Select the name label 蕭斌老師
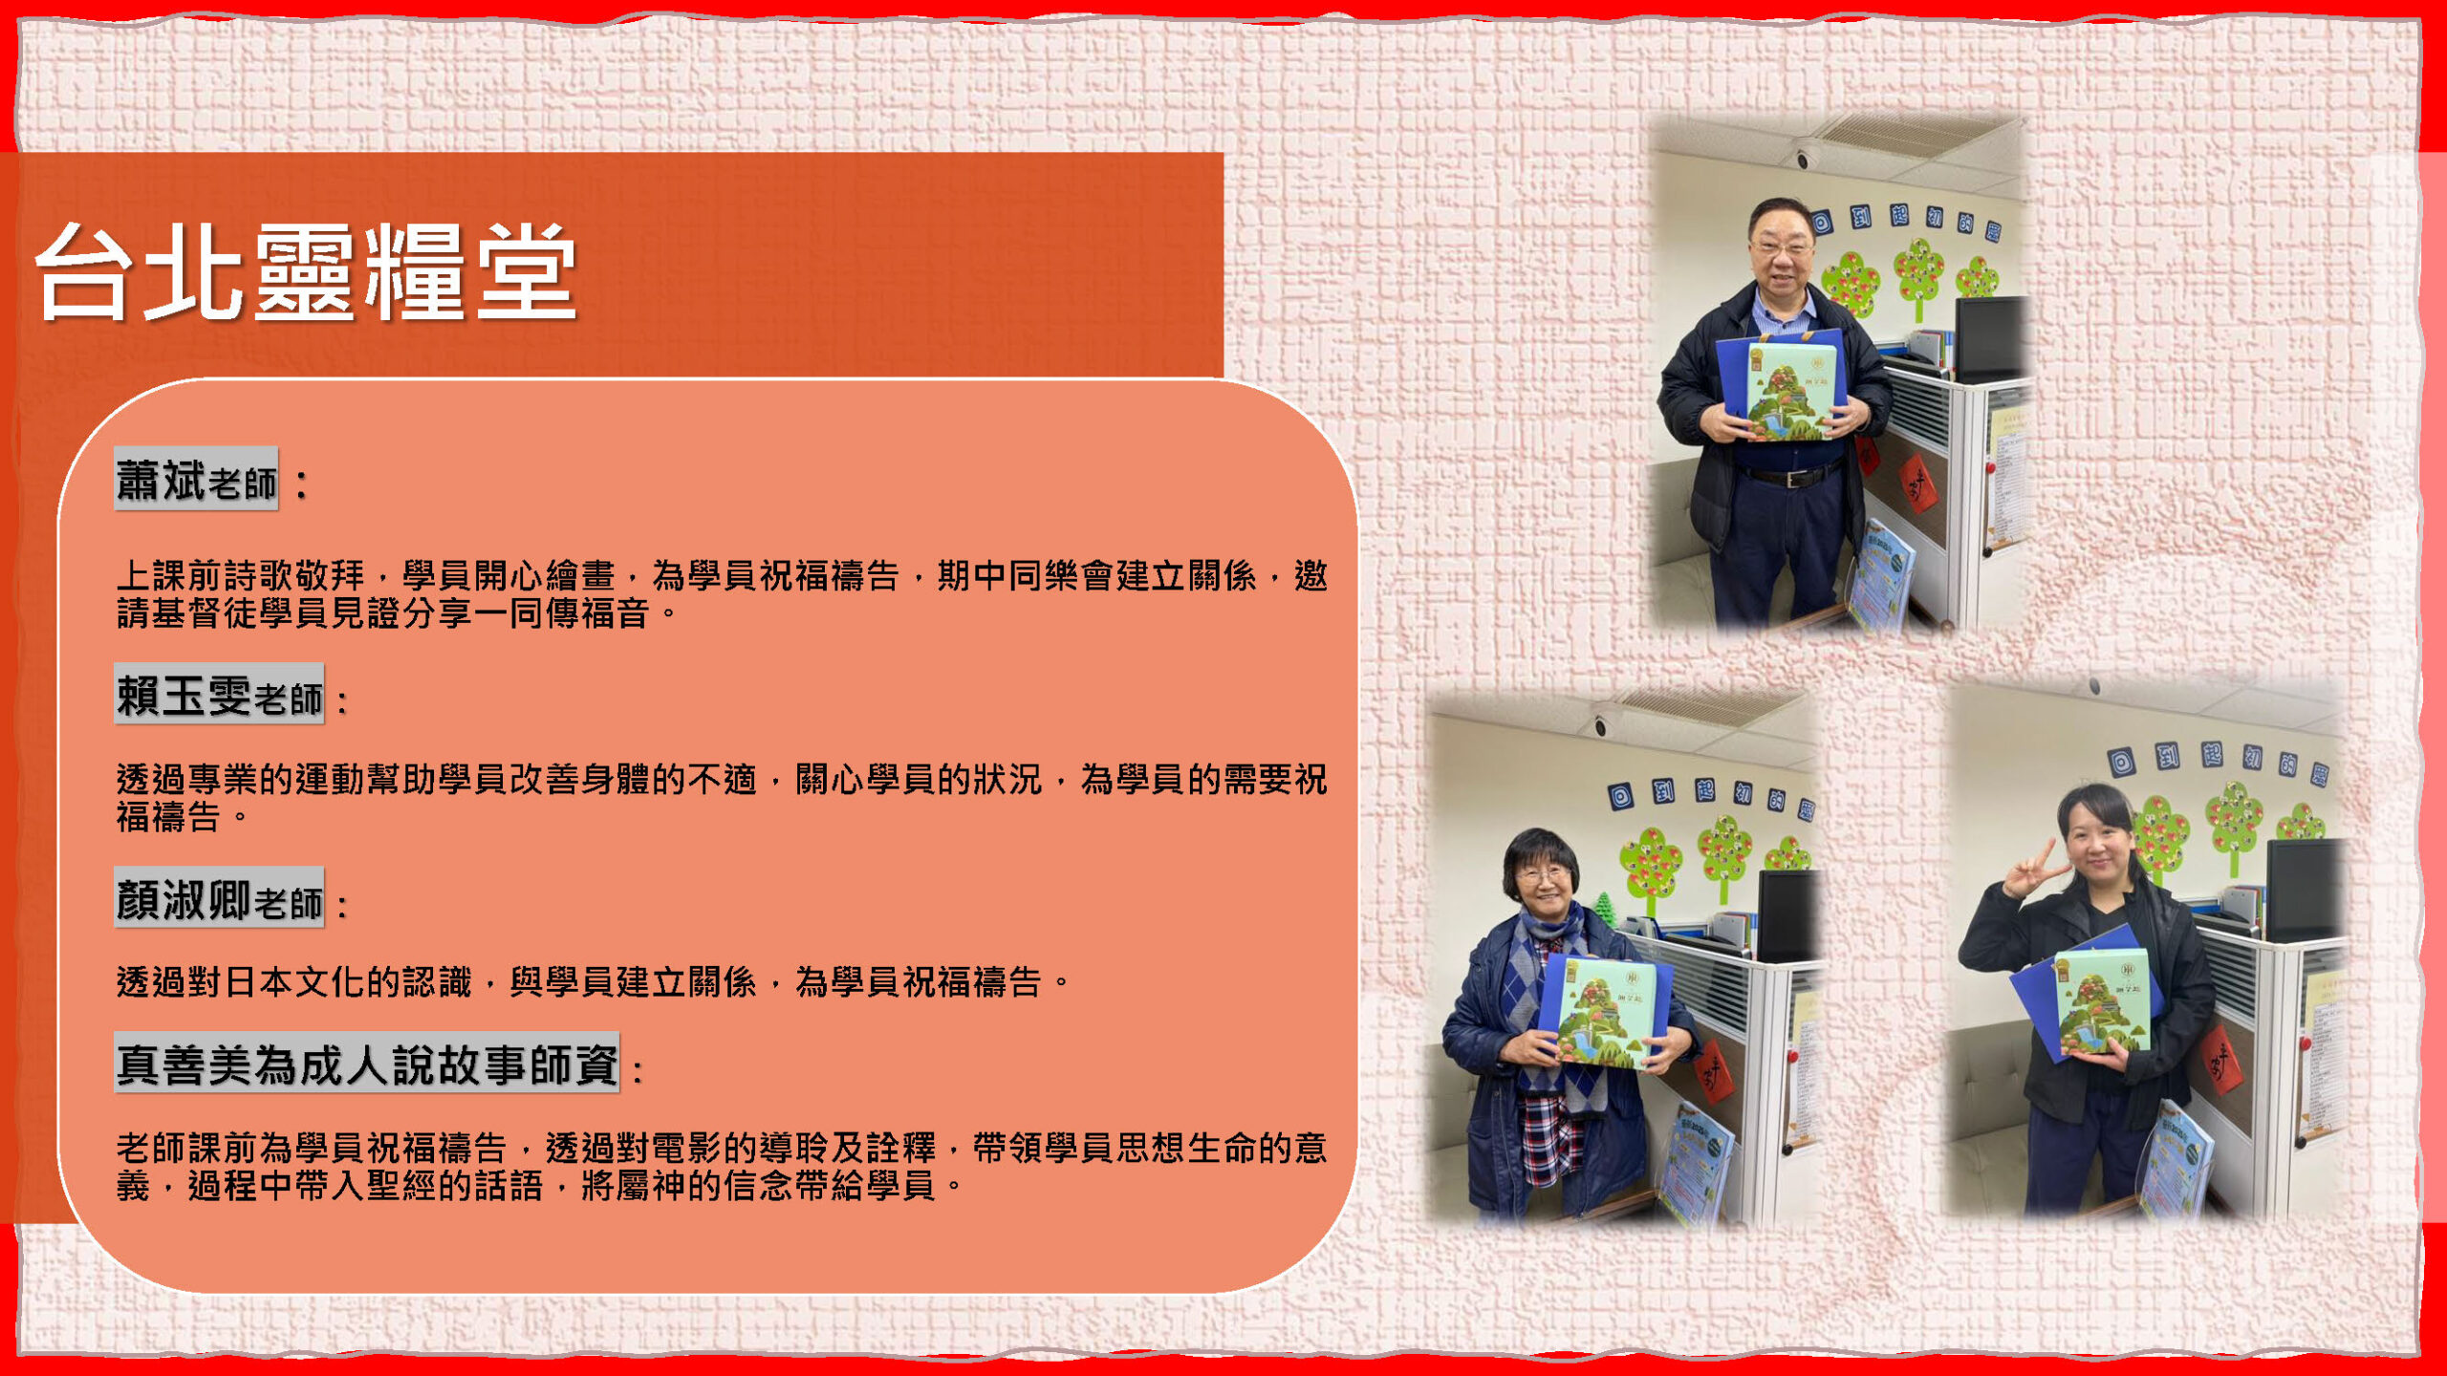(x=197, y=479)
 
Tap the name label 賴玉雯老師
(x=220, y=695)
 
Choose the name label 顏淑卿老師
(x=220, y=898)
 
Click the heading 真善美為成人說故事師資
(x=367, y=1063)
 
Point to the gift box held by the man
(x=1784, y=386)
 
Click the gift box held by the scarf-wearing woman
(x=1610, y=1011)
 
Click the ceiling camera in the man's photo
(x=1804, y=160)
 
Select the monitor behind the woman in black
(x=2303, y=889)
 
